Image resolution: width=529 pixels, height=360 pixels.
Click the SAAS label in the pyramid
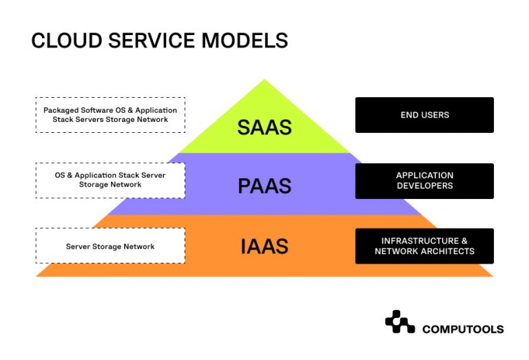coord(264,127)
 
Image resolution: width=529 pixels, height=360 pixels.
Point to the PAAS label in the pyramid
coord(264,186)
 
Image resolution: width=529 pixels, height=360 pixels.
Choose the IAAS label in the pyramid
coord(264,246)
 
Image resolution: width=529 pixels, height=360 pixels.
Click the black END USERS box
coord(424,115)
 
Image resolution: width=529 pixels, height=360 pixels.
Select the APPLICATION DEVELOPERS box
coord(424,181)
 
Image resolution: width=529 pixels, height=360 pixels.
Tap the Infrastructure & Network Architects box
coord(424,246)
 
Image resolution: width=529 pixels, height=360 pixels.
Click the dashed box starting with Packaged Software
coord(110,115)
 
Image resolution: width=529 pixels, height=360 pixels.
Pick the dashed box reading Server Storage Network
coord(110,246)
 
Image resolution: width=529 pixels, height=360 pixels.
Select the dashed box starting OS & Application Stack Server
coord(110,180)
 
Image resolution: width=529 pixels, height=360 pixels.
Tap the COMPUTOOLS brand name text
coord(462,329)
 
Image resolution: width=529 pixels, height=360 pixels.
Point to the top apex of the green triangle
coord(264,81)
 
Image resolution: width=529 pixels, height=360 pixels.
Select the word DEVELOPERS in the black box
coord(424,186)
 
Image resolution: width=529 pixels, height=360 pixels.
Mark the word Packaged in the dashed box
coord(60,110)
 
